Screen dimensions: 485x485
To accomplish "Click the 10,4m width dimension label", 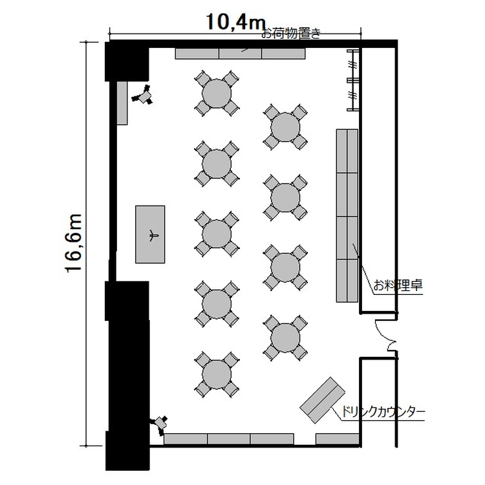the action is [235, 22].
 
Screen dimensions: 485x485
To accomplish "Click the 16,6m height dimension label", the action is [74, 243].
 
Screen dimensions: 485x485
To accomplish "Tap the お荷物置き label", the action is [291, 33].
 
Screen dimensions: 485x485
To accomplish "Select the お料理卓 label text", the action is [398, 285].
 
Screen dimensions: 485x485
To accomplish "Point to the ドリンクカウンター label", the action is [383, 412].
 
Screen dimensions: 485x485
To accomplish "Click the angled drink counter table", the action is [322, 400].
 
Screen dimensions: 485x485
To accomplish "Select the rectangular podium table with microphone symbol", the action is [150, 235].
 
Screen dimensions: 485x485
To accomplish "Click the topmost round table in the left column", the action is [217, 93].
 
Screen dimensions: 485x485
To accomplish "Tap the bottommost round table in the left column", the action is [217, 374].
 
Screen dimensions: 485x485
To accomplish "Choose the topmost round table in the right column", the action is [285, 127].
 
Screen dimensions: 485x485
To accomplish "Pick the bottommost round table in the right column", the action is [285, 338].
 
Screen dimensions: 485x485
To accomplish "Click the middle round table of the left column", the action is [217, 234].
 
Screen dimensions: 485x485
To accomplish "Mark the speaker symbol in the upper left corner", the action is [143, 95].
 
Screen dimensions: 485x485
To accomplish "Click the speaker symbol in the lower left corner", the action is [160, 424].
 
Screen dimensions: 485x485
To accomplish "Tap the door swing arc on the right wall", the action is [385, 336].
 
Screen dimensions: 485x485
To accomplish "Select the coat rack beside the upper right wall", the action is [353, 80].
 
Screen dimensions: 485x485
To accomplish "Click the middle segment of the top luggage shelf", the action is [241, 54].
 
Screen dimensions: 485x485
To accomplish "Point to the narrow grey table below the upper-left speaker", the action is [122, 103].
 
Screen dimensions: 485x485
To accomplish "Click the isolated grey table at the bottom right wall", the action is [337, 438].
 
